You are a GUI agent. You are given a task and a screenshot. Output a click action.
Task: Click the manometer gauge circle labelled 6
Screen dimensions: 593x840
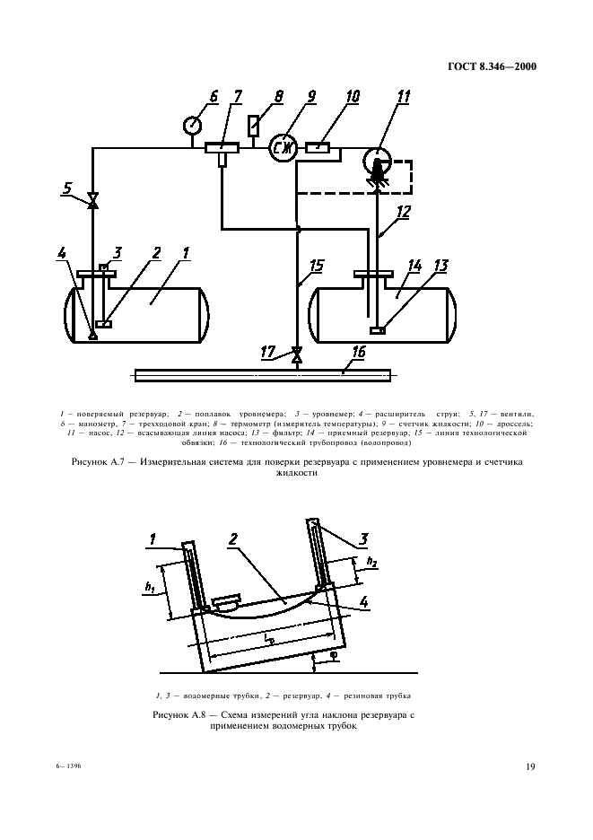tap(192, 126)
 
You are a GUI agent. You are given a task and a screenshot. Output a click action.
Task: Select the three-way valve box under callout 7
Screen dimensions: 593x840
tap(222, 147)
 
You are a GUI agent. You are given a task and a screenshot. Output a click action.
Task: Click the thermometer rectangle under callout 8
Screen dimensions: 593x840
tap(253, 126)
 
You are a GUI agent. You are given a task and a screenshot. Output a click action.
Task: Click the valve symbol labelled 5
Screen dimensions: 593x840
tap(92, 201)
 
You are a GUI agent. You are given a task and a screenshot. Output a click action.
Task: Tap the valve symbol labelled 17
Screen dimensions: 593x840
tap(296, 354)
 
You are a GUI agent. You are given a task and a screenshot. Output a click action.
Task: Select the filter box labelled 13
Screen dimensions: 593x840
tap(378, 330)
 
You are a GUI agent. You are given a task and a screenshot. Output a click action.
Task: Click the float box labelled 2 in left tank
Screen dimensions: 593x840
tap(103, 324)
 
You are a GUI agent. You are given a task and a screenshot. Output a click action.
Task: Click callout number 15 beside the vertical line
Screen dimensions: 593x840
tap(318, 266)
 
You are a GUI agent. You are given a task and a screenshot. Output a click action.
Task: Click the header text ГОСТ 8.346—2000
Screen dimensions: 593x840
tap(492, 66)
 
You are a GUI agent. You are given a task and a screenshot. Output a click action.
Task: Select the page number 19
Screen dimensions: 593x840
tap(530, 766)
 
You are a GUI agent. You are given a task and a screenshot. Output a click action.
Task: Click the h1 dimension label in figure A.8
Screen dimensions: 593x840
tap(150, 588)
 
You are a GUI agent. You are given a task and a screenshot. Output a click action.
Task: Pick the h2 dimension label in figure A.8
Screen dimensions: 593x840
tap(371, 562)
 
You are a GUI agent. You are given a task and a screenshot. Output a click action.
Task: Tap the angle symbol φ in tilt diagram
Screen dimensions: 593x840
tap(333, 657)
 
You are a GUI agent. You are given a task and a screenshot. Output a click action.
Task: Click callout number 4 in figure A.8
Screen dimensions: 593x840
tap(363, 602)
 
